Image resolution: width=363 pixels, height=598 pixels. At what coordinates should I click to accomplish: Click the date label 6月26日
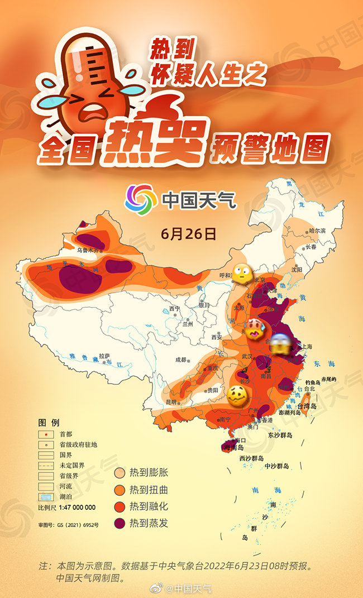[x=188, y=233]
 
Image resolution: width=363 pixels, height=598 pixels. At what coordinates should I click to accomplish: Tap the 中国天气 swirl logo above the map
[x=140, y=198]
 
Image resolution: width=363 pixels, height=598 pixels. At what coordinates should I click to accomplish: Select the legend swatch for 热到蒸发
[x=119, y=523]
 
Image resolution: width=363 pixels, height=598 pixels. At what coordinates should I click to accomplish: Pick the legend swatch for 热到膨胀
[x=119, y=473]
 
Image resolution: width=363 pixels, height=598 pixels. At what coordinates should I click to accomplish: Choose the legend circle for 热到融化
[x=119, y=506]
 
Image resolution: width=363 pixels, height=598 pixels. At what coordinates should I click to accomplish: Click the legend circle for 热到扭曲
[x=119, y=490]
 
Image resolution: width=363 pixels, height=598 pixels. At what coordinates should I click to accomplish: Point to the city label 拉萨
[x=104, y=356]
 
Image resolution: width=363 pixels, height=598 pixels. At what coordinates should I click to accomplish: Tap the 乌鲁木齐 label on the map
[x=89, y=251]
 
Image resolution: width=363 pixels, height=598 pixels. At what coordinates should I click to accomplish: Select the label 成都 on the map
[x=182, y=360]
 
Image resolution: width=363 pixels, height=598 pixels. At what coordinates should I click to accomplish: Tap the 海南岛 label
[x=233, y=447]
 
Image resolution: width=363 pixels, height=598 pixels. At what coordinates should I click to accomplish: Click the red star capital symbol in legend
[x=46, y=434]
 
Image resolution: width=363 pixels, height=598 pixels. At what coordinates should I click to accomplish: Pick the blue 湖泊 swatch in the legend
[x=46, y=497]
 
